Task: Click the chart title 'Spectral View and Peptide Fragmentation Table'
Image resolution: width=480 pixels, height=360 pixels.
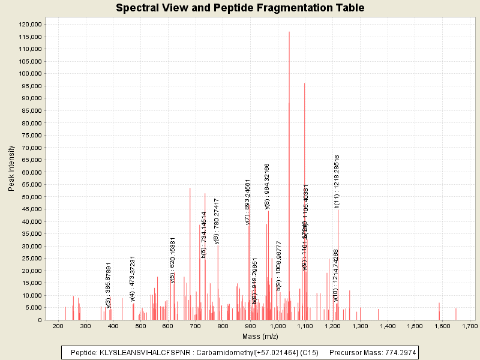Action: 240,8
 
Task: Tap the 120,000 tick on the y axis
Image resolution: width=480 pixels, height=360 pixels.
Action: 29,24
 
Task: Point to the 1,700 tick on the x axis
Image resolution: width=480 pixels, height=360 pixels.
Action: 470,326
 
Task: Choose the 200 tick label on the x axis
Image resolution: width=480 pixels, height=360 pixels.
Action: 58,326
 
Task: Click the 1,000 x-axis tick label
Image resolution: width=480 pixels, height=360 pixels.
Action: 278,326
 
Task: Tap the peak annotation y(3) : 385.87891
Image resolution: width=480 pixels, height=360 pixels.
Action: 109,286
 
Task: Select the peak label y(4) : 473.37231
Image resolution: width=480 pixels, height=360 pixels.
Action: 133,279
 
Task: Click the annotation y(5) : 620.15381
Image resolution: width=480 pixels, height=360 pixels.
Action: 173,260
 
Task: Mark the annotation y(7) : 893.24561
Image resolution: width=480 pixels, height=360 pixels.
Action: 248,202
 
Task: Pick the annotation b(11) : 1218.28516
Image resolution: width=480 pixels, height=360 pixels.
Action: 337,181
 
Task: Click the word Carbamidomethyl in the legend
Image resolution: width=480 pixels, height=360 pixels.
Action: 218,352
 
